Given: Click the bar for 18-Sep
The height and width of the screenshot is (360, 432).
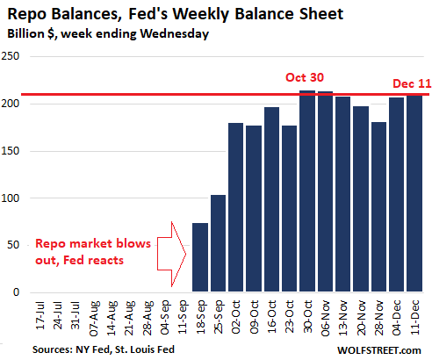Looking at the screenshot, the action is click(x=200, y=257).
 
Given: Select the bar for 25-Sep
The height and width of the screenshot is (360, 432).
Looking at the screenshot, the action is click(x=218, y=243).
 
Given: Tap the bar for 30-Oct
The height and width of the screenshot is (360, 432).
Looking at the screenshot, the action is click(x=307, y=191).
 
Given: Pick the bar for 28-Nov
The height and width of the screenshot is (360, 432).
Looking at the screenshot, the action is click(x=378, y=206).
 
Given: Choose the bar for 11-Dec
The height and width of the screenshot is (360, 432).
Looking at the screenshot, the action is click(x=414, y=193).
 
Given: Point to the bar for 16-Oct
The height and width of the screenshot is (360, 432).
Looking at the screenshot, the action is click(x=271, y=199).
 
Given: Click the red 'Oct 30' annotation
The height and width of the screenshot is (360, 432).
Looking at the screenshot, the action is click(x=305, y=77).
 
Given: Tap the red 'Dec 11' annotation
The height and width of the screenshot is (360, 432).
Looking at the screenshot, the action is click(x=412, y=83).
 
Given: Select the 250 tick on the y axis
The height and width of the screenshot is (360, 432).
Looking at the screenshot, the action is click(x=11, y=56).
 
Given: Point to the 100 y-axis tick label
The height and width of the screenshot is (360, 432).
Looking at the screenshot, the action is click(x=11, y=198).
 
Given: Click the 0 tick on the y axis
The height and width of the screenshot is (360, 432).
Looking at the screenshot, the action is click(x=17, y=292).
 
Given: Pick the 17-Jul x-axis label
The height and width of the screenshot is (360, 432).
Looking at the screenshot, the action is click(x=40, y=315).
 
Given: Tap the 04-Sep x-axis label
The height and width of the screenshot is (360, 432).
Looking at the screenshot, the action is click(x=165, y=317).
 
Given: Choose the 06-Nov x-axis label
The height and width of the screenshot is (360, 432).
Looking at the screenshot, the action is click(x=326, y=318).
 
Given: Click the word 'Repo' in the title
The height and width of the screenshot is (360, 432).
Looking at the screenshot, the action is click(x=26, y=15).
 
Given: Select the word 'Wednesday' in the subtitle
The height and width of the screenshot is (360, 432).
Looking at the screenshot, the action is click(x=175, y=34).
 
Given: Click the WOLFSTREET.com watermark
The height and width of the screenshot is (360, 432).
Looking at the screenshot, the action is click(x=379, y=350).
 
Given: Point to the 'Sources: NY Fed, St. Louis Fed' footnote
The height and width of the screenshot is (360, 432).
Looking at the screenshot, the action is click(x=104, y=349).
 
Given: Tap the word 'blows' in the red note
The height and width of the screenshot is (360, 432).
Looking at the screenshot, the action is click(x=133, y=243).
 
